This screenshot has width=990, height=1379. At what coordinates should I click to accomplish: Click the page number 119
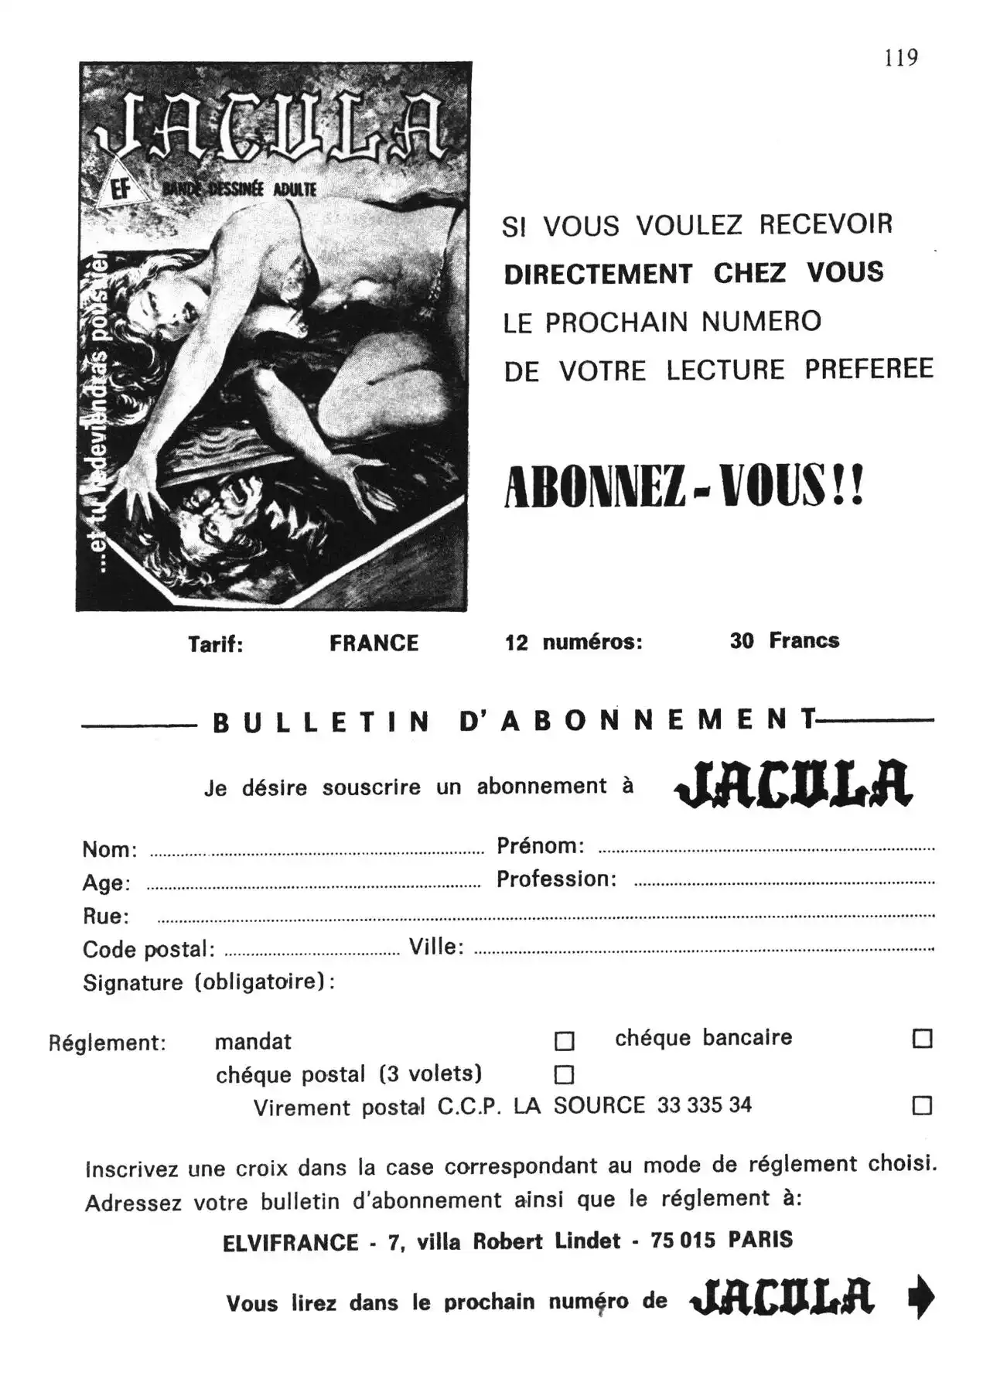click(x=901, y=58)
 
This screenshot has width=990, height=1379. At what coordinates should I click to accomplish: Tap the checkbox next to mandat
click(x=565, y=1042)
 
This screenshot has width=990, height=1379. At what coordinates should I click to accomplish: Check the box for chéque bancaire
click(x=922, y=1039)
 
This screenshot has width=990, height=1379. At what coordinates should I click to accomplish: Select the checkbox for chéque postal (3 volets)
click(x=565, y=1075)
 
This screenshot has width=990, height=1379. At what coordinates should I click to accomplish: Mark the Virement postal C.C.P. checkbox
click(x=922, y=1105)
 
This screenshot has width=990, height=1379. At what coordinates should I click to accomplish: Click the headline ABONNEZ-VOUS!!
click(x=684, y=487)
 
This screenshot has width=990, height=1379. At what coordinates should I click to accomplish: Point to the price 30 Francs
click(x=783, y=640)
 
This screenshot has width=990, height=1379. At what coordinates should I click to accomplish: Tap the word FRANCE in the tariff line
click(x=374, y=643)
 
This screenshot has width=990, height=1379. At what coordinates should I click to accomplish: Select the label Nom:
click(x=110, y=850)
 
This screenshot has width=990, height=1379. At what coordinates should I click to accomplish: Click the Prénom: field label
click(x=540, y=846)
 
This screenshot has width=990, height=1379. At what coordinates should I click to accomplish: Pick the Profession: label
click(x=556, y=879)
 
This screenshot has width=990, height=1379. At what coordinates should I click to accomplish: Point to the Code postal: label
click(x=148, y=950)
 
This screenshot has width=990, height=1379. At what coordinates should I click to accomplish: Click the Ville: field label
click(x=436, y=947)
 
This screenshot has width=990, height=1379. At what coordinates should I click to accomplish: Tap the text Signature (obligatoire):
click(x=209, y=982)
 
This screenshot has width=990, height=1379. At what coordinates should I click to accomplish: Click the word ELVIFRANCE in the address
click(x=290, y=1243)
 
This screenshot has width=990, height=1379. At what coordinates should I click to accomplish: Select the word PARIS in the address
click(x=760, y=1240)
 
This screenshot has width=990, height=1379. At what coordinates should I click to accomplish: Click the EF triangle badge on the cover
click(x=121, y=189)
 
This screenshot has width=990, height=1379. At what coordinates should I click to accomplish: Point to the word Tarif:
click(x=215, y=644)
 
